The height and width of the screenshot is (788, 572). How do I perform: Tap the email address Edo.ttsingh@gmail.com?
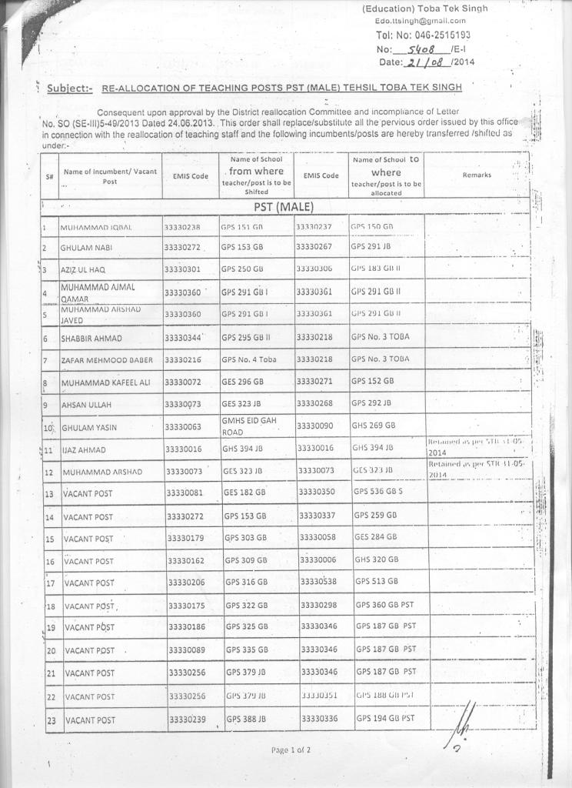pos(421,21)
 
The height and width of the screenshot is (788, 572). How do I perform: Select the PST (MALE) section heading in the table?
pos(284,207)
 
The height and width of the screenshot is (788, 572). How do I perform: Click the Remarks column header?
pos(477,175)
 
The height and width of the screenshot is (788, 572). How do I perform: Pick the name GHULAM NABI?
pos(87,248)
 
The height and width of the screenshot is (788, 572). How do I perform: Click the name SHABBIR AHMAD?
pos(91,339)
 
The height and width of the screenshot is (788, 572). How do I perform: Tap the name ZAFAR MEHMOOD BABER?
pos(107,360)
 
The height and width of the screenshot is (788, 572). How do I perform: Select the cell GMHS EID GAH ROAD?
pos(244,426)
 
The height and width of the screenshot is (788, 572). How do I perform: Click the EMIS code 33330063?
pos(182,426)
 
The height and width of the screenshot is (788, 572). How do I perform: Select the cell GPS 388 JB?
pos(246,719)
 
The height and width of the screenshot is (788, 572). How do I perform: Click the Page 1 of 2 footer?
pos(291,750)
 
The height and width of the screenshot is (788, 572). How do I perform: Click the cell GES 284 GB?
pos(376,536)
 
